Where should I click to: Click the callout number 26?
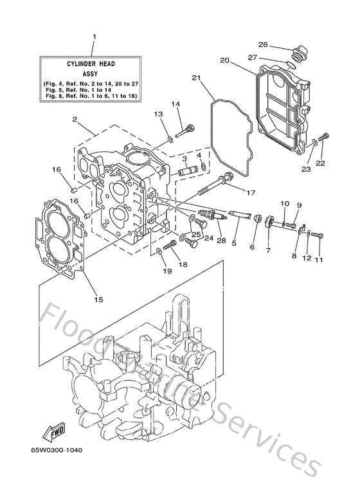(262, 44)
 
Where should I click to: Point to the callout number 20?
(224, 60)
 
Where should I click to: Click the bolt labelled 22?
(325, 136)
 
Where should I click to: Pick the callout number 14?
(175, 104)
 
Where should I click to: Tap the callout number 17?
(250, 192)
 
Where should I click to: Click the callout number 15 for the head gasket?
(98, 299)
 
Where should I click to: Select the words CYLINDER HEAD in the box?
(93, 64)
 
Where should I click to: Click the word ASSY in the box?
(93, 73)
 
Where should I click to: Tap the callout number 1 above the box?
(94, 37)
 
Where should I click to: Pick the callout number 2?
(75, 120)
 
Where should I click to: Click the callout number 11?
(319, 260)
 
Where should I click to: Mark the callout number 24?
(208, 238)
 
